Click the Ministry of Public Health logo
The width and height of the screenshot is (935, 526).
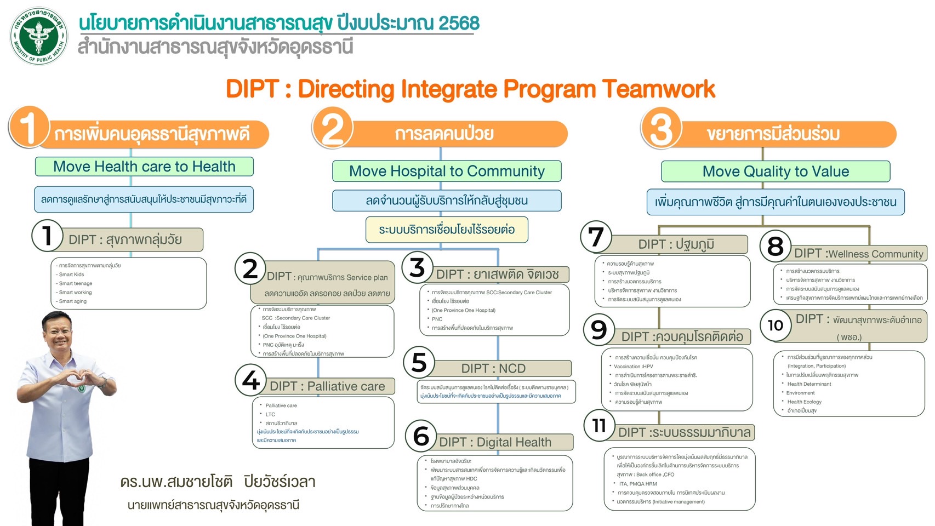pyautogui.click(x=39, y=36)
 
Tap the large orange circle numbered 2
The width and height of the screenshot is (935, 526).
pyautogui.click(x=332, y=128)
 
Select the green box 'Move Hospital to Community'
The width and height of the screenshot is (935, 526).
pyautogui.click(x=447, y=171)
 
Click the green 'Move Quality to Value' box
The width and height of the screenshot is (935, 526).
pyautogui.click(x=776, y=171)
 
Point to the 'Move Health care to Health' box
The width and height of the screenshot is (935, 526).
pyautogui.click(x=144, y=167)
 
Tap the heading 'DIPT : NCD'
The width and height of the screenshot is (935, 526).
pyautogui.click(x=493, y=369)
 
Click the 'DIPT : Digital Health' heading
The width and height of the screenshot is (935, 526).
pyautogui.click(x=495, y=442)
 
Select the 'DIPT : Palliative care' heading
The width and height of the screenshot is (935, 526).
pyautogui.click(x=327, y=386)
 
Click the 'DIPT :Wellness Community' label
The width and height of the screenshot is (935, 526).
pyautogui.click(x=858, y=254)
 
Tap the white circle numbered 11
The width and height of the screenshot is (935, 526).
pyautogui.click(x=599, y=425)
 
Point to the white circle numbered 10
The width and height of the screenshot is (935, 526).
pyautogui.click(x=775, y=325)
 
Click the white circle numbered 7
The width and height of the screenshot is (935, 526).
pyautogui.click(x=596, y=237)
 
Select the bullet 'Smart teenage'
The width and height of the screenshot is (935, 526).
pyautogui.click(x=76, y=283)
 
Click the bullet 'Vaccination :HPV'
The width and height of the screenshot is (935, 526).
pyautogui.click(x=633, y=367)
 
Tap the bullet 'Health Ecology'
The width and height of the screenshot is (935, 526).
pyautogui.click(x=804, y=402)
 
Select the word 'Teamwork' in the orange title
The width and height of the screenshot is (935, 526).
pyautogui.click(x=658, y=89)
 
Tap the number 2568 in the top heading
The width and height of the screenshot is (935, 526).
pyautogui.click(x=459, y=23)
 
